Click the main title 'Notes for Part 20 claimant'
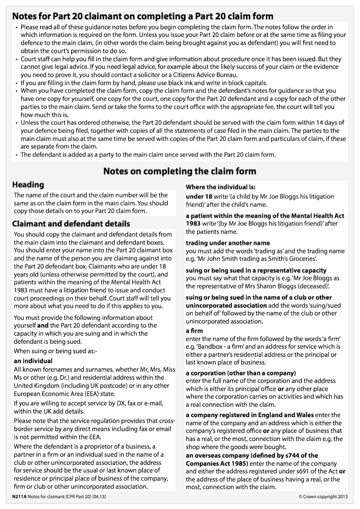pos(142,17)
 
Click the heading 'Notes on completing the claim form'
pos(180,171)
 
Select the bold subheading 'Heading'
pos(28,185)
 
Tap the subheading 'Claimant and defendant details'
pos(71,224)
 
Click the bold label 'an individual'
pos(33,361)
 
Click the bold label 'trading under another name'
pos(228,243)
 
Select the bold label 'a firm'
pos(194,331)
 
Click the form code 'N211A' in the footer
pos(19,496)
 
